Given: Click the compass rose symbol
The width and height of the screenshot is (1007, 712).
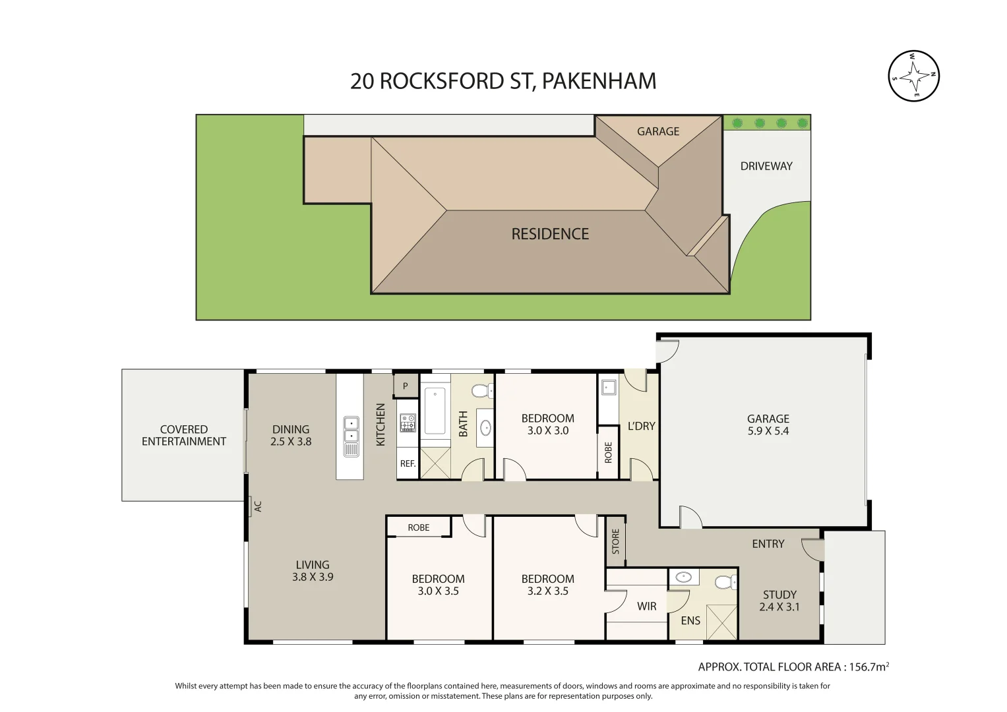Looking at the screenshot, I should [x=913, y=76].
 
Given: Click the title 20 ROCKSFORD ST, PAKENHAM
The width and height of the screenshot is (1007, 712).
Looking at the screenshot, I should [x=503, y=81].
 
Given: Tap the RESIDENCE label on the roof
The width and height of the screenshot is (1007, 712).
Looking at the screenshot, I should [x=550, y=234].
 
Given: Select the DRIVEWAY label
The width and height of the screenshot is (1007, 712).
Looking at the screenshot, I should [x=766, y=166].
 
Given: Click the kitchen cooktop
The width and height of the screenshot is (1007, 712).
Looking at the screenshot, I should [x=408, y=423].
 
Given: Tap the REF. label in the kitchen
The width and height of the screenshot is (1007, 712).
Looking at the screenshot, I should [x=408, y=463].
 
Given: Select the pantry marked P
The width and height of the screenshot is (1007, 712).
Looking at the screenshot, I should [x=406, y=386].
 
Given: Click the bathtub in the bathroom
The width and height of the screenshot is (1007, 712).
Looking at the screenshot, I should [x=435, y=411].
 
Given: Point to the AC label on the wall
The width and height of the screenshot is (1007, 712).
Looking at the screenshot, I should [x=258, y=506].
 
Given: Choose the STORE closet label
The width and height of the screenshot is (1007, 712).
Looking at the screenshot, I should [x=615, y=541].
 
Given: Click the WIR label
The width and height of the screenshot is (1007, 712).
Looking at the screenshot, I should [x=646, y=607].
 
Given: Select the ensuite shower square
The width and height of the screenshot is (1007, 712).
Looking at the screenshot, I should [x=721, y=622].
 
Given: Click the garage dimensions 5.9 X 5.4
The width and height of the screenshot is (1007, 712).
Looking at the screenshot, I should [x=768, y=431].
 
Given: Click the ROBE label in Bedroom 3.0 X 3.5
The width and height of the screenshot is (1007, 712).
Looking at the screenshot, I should [x=418, y=527].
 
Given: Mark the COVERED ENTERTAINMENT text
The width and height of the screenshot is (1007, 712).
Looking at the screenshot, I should [x=183, y=435].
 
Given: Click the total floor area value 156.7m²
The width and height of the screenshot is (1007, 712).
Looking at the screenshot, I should [x=869, y=667].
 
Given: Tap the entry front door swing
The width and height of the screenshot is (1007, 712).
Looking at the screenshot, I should [x=812, y=549].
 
